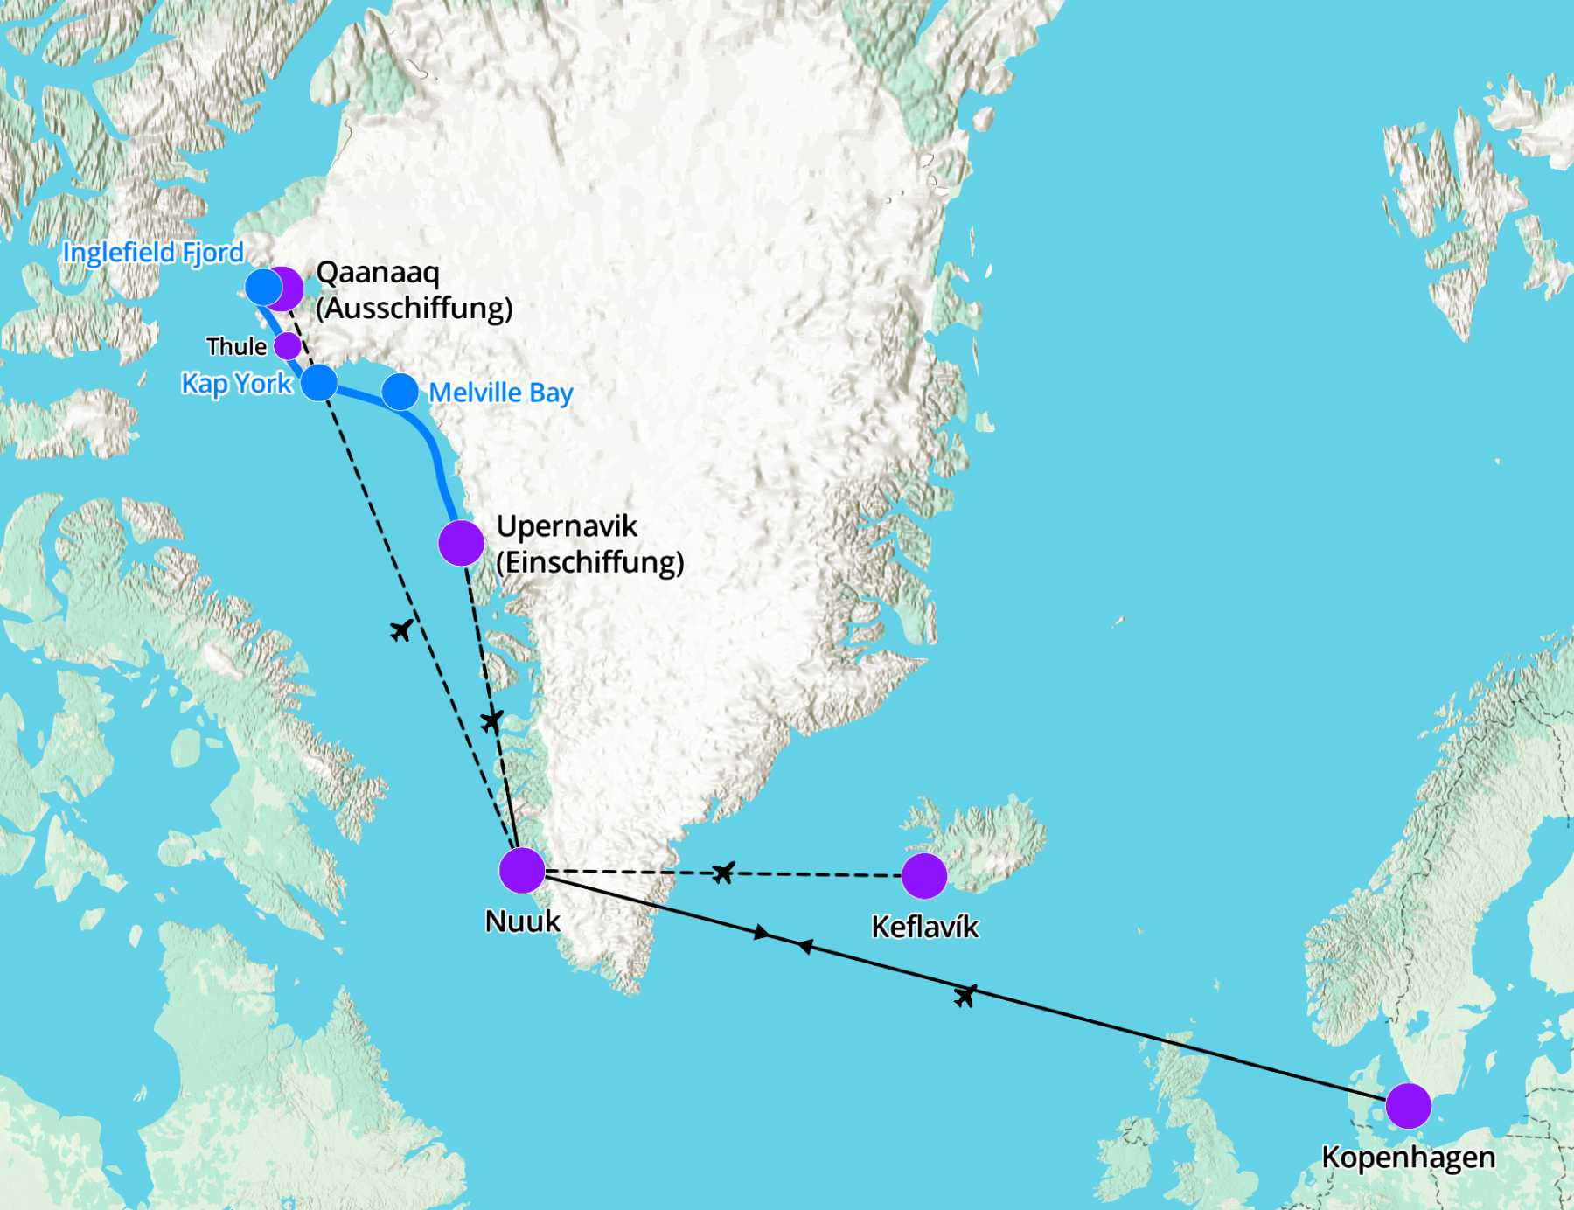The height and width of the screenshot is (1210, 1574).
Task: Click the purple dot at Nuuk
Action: pos(522,870)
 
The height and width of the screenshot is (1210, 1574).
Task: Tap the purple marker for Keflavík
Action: pos(924,876)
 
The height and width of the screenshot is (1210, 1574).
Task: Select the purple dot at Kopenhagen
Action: pos(1408,1106)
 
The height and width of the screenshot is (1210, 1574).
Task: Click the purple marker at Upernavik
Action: pos(461,543)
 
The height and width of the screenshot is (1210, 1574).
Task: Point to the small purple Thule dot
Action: pos(288,346)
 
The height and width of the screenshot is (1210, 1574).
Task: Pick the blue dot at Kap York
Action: pos(319,383)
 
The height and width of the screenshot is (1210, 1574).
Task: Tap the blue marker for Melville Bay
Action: pos(400,392)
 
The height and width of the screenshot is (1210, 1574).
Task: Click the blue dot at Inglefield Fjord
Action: pos(263,287)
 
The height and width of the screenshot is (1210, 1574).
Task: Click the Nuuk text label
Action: pos(522,921)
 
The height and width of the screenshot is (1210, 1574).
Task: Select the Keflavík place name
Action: pos(924,927)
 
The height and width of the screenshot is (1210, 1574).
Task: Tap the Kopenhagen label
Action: pos(1408,1157)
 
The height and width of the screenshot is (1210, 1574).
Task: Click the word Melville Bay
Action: pos(500,393)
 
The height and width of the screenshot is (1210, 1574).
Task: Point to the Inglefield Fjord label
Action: pos(153,253)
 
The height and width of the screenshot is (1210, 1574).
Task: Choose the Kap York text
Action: pos(236,384)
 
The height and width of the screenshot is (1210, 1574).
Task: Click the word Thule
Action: pos(236,347)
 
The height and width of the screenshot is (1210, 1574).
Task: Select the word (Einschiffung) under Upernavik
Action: pos(589,562)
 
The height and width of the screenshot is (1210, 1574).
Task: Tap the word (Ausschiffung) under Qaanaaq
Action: pos(414,309)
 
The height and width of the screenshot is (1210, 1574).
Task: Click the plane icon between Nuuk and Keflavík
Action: pos(723,872)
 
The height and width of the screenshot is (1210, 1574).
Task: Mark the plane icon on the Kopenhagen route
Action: pos(965,995)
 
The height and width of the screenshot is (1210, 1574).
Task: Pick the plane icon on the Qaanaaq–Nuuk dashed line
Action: pos(401,629)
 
